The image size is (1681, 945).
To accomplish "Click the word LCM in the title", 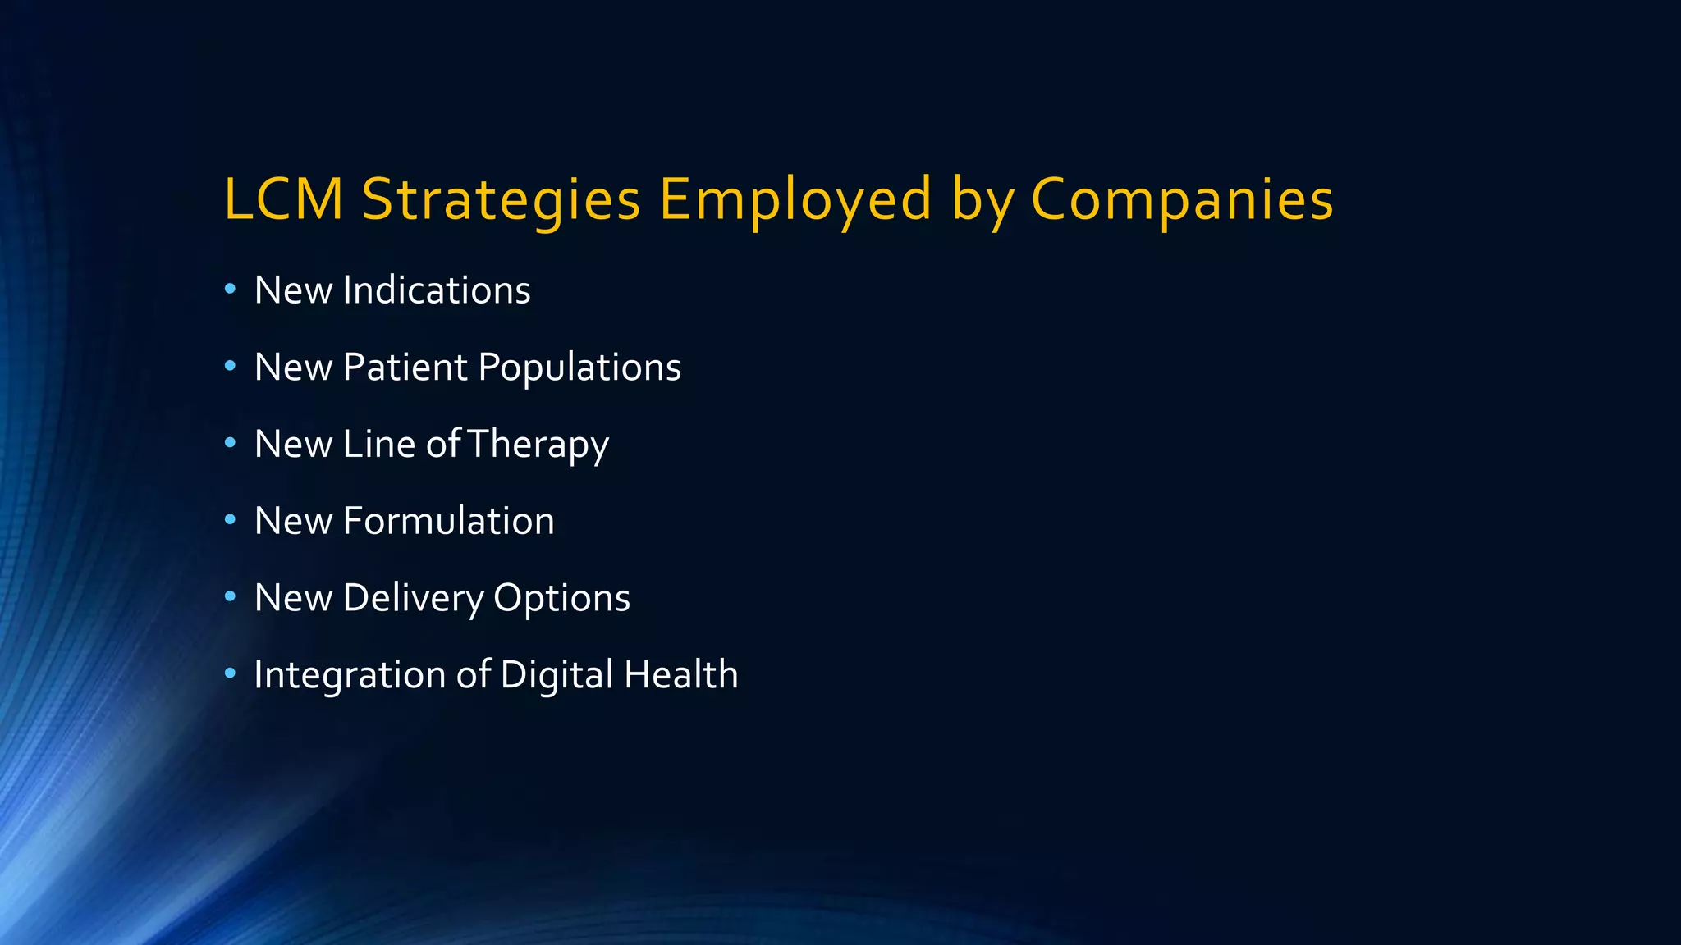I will pos(283,199).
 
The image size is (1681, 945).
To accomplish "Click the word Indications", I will pos(437,290).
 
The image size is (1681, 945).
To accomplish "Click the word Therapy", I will pos(538,445).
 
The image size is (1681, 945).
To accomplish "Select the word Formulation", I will pos(448,521).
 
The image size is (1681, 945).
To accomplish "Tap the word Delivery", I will pos(413,599).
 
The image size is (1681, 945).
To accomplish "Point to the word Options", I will pos(561,599).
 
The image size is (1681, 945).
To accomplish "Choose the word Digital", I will pos(557,675).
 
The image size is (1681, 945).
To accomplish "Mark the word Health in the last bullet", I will pos(680,674).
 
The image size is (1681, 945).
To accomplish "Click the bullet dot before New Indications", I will pos(230,289).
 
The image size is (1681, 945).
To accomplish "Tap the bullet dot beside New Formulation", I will pos(230,519).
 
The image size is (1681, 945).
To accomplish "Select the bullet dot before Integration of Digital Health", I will pos(230,673).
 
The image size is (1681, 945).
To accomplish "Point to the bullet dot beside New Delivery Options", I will pos(230,596).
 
